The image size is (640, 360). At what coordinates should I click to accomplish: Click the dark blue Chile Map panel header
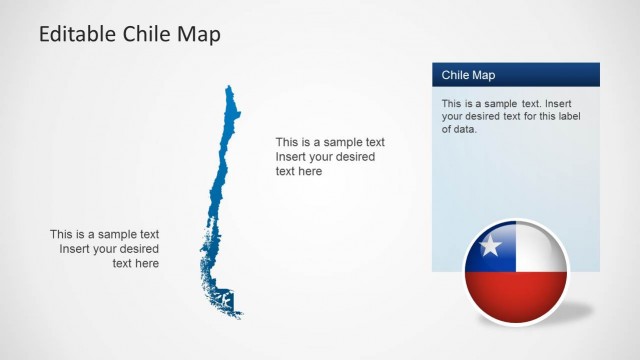point(515,75)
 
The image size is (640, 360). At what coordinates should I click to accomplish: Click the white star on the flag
point(490,246)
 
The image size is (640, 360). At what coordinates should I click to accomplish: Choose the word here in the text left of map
point(146,263)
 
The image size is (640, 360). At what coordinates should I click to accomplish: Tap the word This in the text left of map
point(63,235)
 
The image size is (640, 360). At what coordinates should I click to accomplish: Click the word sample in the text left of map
point(107,235)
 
